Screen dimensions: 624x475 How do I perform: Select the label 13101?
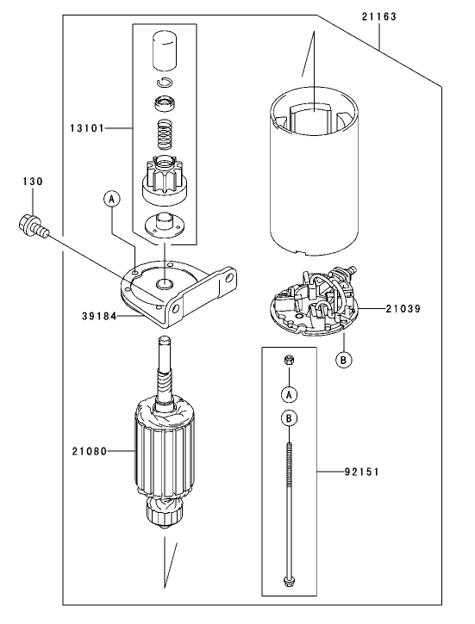point(87,128)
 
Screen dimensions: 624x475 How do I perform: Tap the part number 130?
point(32,182)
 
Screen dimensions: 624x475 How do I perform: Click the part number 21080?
point(89,450)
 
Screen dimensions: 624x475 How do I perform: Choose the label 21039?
point(403,307)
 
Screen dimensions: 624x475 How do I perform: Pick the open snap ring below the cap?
point(163,83)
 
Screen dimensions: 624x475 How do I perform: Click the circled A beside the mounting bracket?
point(110,199)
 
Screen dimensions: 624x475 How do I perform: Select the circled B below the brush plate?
point(343,360)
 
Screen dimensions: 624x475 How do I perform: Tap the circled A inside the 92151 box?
point(290,393)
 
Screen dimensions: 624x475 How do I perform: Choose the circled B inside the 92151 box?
point(290,419)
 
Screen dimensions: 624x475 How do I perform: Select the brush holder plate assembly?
point(312,301)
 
